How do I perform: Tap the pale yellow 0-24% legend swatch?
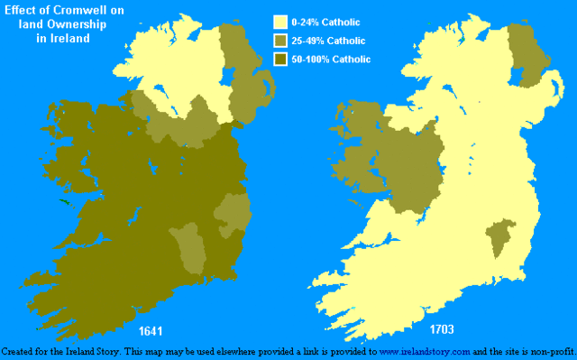(279, 22)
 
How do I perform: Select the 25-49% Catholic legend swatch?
(279, 41)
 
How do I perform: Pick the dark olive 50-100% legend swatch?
(279, 60)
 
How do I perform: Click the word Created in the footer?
(20, 350)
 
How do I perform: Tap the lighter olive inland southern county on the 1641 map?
(191, 248)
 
